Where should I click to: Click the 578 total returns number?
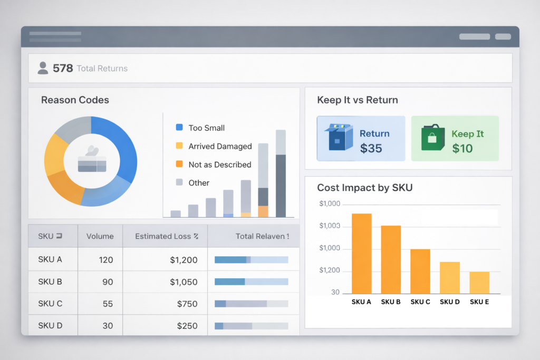(63, 68)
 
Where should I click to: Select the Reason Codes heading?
(75, 100)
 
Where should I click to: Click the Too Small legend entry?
(206, 128)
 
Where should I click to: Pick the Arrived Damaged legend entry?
(220, 146)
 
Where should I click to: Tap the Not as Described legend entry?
(219, 164)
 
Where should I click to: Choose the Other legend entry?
(199, 183)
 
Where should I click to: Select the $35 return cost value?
(371, 149)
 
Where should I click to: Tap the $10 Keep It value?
(462, 149)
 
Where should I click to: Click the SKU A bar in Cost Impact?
(361, 253)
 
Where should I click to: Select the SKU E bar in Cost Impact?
(479, 283)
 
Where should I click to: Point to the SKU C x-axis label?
(420, 302)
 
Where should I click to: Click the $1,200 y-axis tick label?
(330, 271)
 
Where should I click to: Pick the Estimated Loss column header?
(166, 236)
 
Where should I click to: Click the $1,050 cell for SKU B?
(184, 282)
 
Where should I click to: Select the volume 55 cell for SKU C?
(108, 304)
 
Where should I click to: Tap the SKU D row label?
(50, 326)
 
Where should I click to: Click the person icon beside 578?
(43, 67)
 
